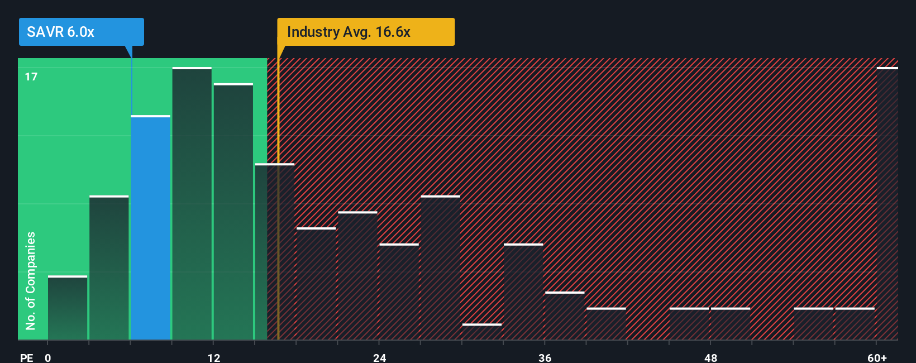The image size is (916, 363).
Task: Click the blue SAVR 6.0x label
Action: pyautogui.click(x=81, y=32)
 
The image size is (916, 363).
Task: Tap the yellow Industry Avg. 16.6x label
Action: pyautogui.click(x=366, y=32)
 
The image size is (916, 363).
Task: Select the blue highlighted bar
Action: pyautogui.click(x=150, y=227)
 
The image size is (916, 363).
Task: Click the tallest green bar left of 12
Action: pyautogui.click(x=192, y=203)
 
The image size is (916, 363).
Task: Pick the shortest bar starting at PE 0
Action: pyautogui.click(x=68, y=308)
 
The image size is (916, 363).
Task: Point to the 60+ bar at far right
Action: pyautogui.click(x=887, y=203)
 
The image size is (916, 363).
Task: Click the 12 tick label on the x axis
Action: pyautogui.click(x=213, y=357)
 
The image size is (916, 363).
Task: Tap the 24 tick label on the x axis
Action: pyautogui.click(x=379, y=357)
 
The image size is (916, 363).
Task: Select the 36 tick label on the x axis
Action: pyautogui.click(x=545, y=357)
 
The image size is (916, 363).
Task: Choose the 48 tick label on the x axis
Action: pyautogui.click(x=710, y=357)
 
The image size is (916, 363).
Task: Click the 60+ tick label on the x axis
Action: pyautogui.click(x=876, y=357)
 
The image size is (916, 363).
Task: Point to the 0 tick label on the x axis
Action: pyautogui.click(x=48, y=357)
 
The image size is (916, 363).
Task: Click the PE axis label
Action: pyautogui.click(x=26, y=357)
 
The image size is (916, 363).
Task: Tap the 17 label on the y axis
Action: pyautogui.click(x=31, y=77)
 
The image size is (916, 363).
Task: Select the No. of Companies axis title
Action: pyautogui.click(x=31, y=280)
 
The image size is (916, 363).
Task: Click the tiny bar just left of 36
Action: pyautogui.click(x=482, y=332)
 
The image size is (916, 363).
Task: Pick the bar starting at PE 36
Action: pyautogui.click(x=565, y=316)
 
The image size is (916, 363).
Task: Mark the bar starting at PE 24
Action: pyautogui.click(x=399, y=292)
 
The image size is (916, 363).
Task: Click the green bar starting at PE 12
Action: pyautogui.click(x=233, y=212)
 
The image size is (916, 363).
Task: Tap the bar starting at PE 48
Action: pyautogui.click(x=730, y=324)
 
